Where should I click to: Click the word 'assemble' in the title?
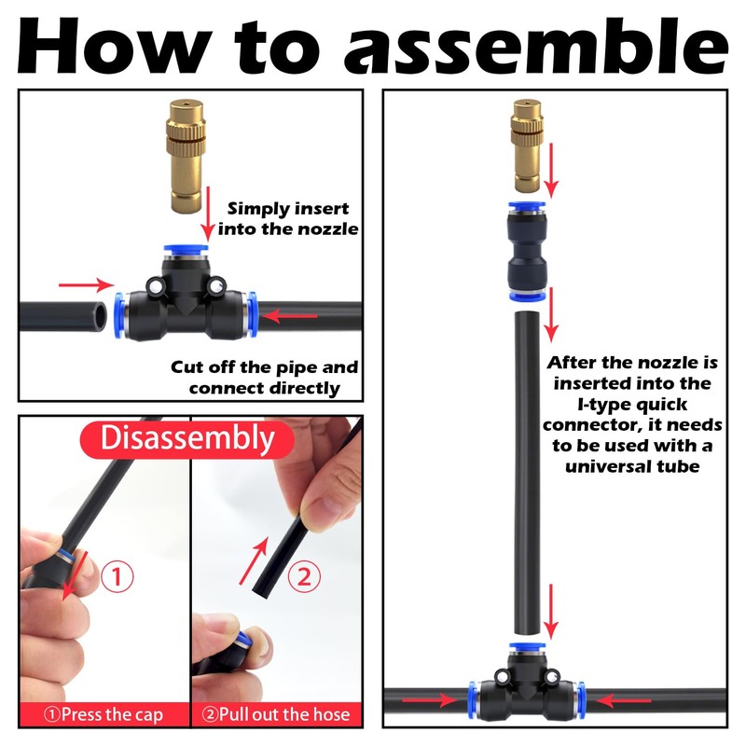pos(536,47)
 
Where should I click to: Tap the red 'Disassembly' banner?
pos(187,438)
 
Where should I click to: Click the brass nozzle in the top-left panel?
pos(186,156)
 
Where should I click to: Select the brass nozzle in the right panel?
pos(527,145)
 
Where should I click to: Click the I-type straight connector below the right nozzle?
pos(527,252)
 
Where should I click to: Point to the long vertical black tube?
pos(527,473)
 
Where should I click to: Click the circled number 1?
pos(117,576)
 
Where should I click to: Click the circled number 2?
pos(305,576)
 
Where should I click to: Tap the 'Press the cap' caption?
pos(104,714)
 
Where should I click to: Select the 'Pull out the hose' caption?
pos(276,714)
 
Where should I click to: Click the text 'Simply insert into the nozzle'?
pos(288,219)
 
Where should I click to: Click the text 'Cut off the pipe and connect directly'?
pos(264,378)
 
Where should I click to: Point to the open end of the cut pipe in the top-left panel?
pos(100,316)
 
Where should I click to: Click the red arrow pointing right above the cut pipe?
pos(86,285)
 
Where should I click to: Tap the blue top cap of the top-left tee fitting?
pos(186,250)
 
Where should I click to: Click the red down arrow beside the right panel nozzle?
pos(551,170)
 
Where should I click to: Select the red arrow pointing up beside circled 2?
pos(254,561)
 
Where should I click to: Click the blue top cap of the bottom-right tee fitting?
pos(527,647)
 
